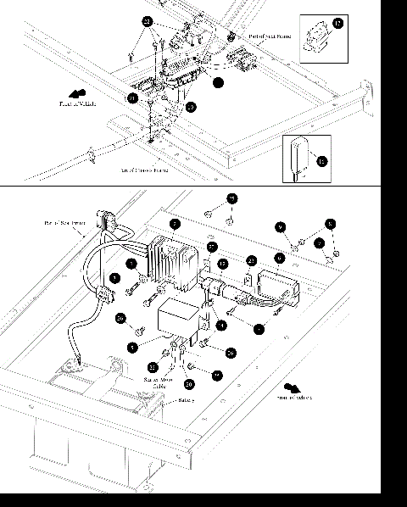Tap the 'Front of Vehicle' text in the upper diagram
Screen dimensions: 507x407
(x=77, y=104)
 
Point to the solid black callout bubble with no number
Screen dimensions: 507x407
(x=218, y=83)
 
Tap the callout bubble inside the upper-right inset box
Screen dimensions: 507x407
(x=338, y=25)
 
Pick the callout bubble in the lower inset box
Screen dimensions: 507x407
(x=321, y=159)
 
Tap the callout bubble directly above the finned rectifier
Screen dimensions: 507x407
(x=174, y=224)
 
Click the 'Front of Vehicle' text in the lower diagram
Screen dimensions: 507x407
(x=294, y=397)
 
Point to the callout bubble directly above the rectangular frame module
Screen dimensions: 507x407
(x=279, y=257)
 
